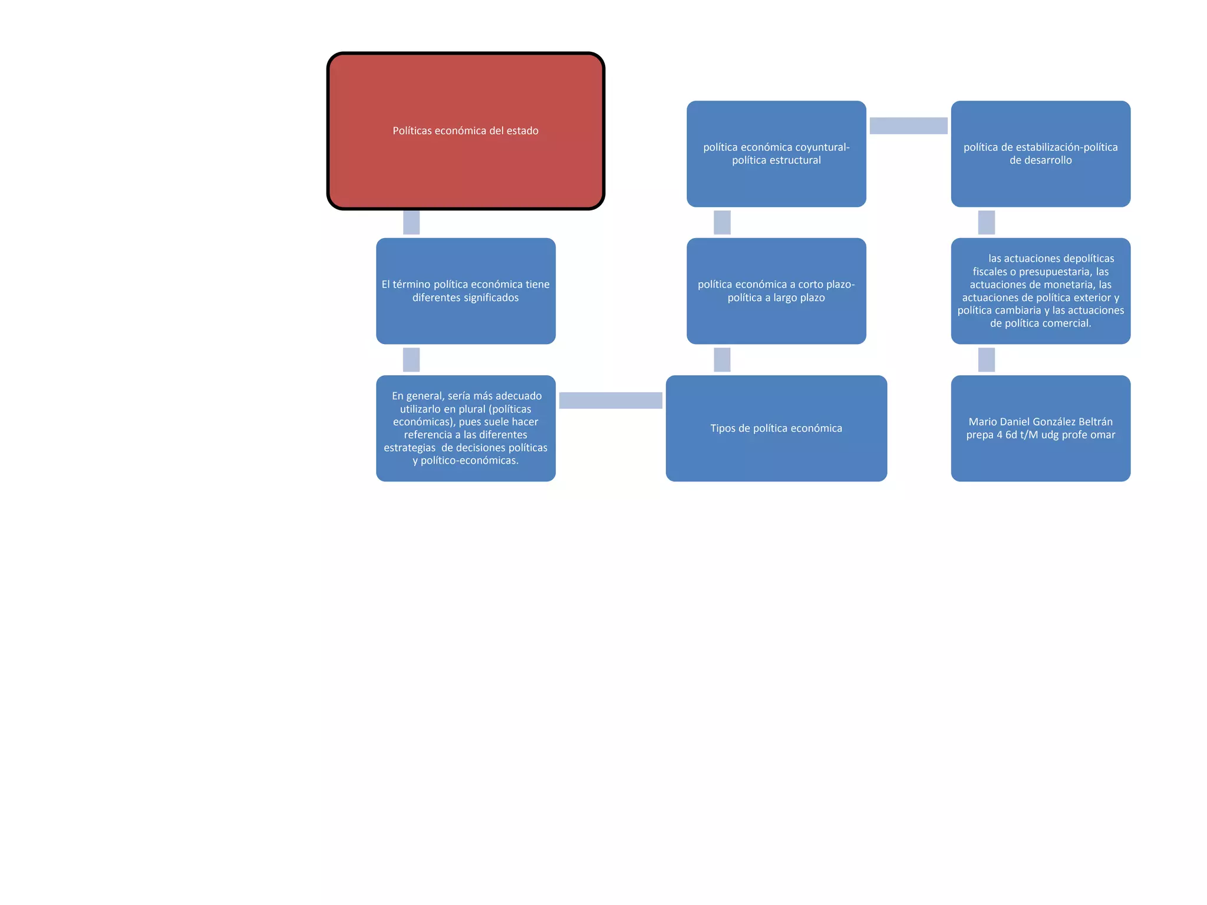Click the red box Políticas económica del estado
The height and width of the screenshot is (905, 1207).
(466, 131)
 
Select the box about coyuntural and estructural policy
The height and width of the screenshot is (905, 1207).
(776, 154)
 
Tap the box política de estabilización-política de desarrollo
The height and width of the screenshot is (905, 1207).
(1040, 154)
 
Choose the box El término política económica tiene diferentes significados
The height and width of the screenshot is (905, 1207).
(466, 291)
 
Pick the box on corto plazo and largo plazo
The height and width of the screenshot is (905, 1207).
(776, 291)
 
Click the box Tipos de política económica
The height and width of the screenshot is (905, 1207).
(776, 428)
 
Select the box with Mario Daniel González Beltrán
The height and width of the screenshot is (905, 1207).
(1040, 428)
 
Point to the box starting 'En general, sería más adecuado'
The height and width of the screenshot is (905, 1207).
(466, 428)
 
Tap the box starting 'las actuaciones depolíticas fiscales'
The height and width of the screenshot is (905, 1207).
(1040, 291)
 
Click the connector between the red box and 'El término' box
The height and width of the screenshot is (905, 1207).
(411, 223)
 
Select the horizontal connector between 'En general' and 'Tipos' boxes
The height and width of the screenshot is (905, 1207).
(611, 401)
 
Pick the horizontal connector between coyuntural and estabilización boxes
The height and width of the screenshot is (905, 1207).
(908, 125)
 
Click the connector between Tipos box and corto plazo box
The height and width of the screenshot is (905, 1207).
(722, 360)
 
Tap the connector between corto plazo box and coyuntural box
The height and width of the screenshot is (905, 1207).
(722, 223)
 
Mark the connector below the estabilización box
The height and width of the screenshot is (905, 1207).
(986, 223)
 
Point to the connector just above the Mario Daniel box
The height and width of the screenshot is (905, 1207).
(986, 360)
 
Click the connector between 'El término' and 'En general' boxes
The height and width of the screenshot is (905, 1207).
(411, 360)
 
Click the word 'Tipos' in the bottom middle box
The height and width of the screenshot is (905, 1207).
(723, 428)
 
